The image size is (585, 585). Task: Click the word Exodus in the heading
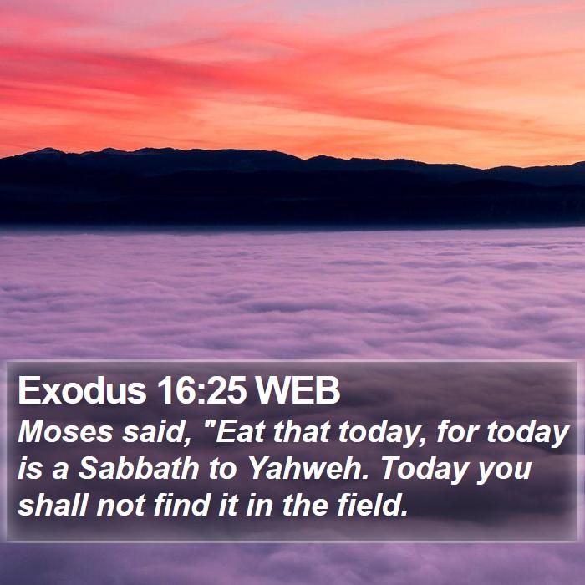(82, 390)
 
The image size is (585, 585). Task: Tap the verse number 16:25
(201, 390)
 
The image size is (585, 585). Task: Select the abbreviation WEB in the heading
(298, 390)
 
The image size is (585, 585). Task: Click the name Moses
(65, 432)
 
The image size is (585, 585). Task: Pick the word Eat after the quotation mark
(239, 432)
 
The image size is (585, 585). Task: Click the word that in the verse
(302, 432)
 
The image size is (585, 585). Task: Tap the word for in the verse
(457, 432)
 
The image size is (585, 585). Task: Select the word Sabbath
(139, 468)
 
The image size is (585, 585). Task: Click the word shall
(52, 505)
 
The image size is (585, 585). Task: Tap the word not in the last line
(120, 506)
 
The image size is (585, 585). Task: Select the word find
(182, 505)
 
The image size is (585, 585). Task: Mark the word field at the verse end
(372, 505)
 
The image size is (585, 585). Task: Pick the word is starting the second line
(30, 469)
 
